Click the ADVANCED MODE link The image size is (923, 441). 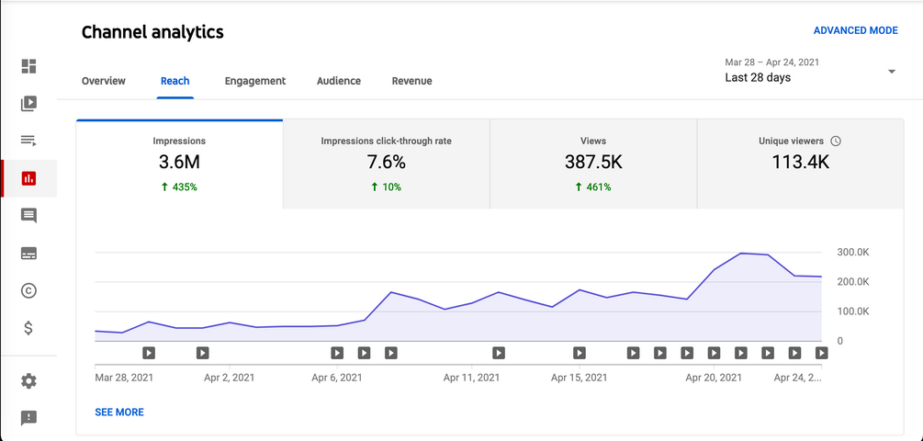click(855, 30)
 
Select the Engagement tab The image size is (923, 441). click(255, 81)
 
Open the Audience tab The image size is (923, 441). click(339, 81)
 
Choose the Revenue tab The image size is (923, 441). click(411, 81)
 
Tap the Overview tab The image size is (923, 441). click(104, 81)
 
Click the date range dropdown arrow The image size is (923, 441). click(891, 72)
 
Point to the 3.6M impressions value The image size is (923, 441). click(179, 163)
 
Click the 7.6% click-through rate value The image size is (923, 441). click(386, 163)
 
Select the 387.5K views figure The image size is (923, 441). click(593, 163)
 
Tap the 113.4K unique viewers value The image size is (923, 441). click(800, 163)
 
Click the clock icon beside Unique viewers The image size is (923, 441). click(835, 141)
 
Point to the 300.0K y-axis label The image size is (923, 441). click(853, 252)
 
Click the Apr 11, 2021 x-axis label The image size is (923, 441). click(471, 377)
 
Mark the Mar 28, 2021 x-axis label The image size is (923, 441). click(123, 377)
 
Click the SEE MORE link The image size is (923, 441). click(119, 413)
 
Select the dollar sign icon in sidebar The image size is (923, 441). click(28, 327)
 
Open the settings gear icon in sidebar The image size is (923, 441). click(28, 380)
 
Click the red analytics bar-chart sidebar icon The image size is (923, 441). click(28, 178)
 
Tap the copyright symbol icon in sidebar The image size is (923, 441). click(28, 290)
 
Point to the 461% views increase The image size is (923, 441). click(593, 187)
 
